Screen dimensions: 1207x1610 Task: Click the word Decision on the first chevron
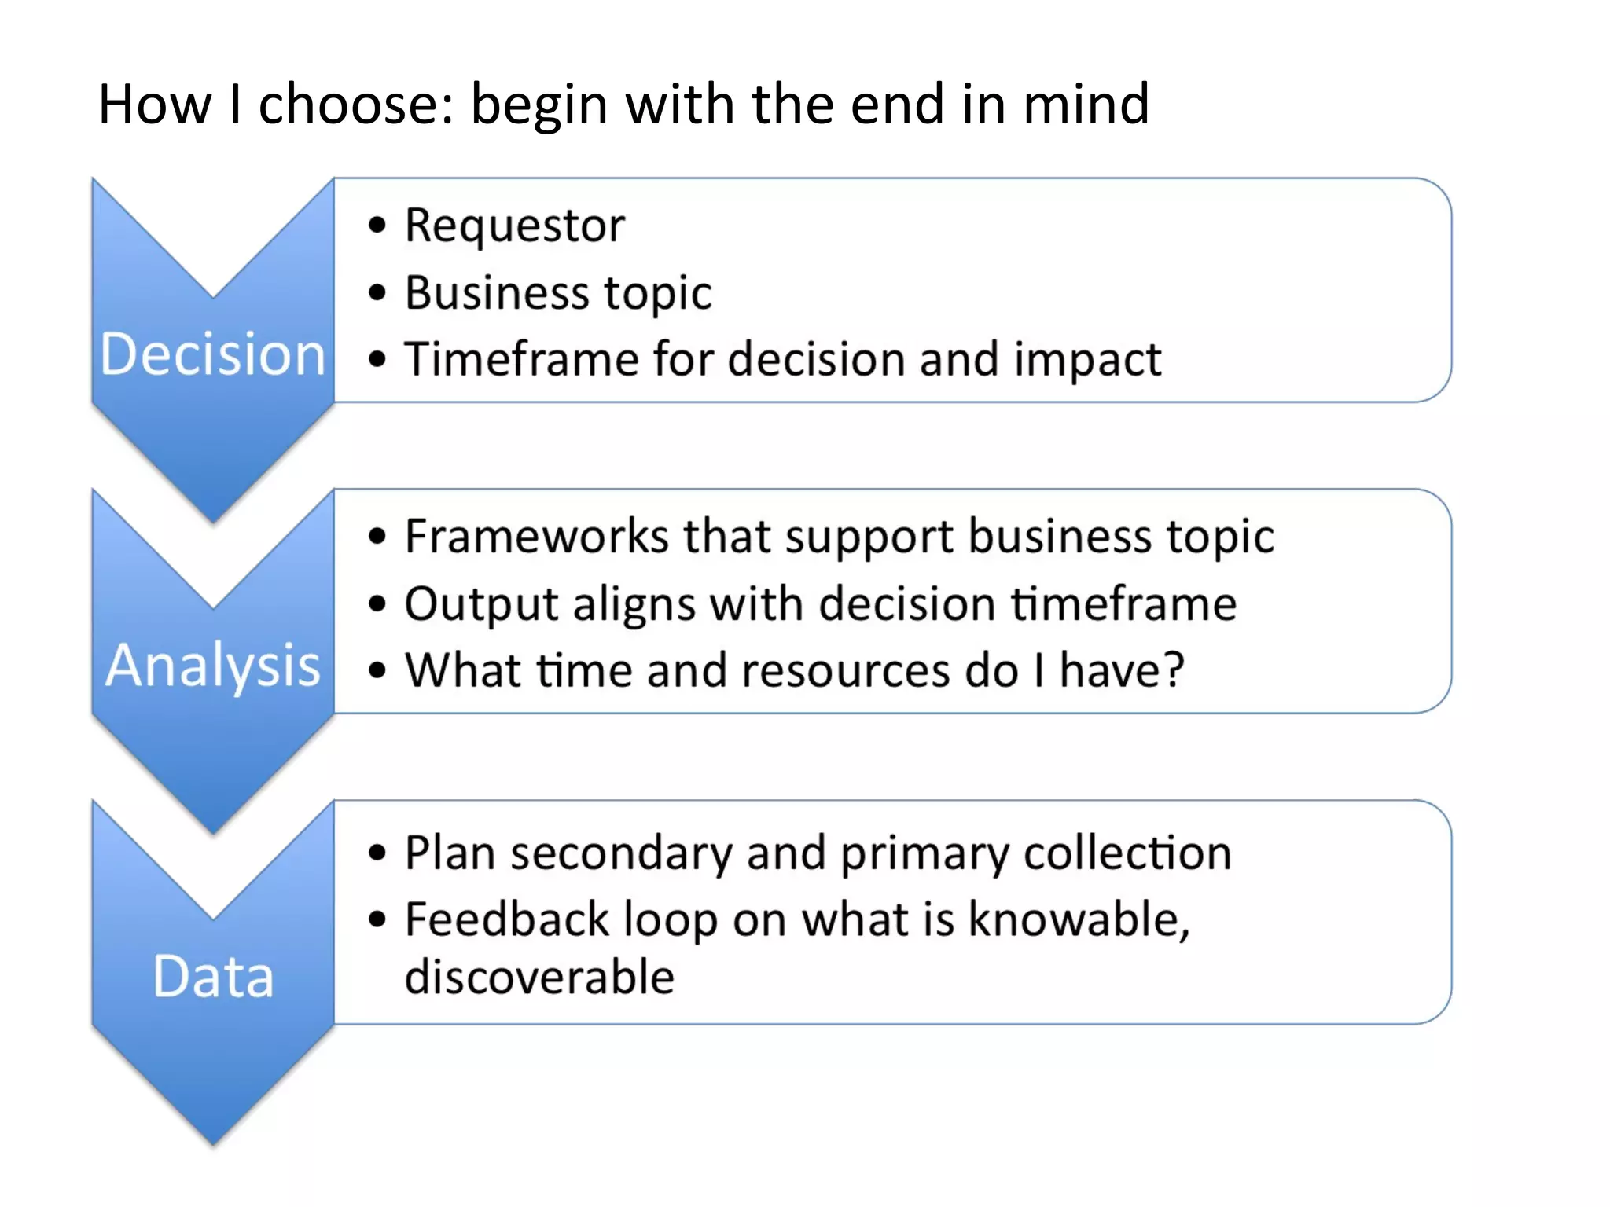click(x=212, y=354)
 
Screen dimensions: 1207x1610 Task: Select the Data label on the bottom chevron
click(x=212, y=977)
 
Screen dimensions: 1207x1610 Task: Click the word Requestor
click(x=515, y=226)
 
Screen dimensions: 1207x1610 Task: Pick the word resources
click(x=844, y=672)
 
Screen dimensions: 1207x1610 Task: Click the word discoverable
click(x=539, y=978)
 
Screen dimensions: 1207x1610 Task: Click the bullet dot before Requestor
click(x=378, y=226)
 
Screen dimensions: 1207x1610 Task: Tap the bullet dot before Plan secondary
click(x=378, y=853)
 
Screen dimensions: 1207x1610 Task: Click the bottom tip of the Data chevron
click(x=213, y=1142)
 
